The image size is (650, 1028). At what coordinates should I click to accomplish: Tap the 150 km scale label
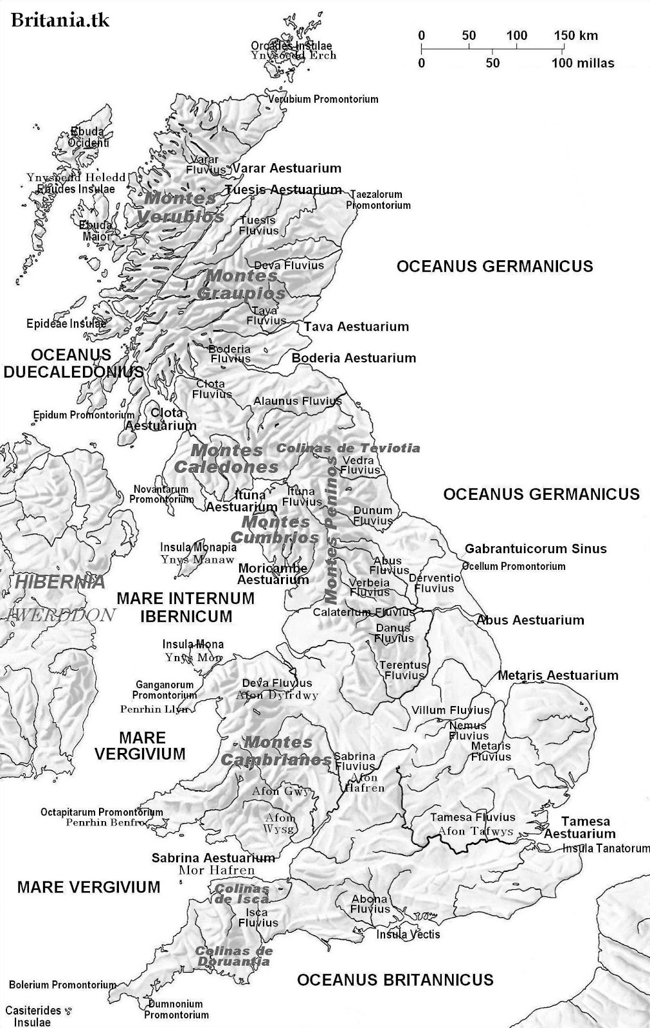[575, 35]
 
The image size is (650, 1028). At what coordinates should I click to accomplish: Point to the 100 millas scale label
[582, 63]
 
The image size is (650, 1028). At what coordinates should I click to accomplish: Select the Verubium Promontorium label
[323, 100]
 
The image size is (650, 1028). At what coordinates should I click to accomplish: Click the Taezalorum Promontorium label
[378, 200]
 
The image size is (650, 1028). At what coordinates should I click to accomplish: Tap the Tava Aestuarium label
[356, 326]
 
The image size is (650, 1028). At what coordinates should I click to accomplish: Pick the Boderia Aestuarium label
[354, 358]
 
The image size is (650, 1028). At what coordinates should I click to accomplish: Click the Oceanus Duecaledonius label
[72, 363]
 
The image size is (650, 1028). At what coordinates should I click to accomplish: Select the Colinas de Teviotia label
[348, 448]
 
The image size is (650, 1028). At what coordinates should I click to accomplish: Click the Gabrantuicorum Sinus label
[536, 549]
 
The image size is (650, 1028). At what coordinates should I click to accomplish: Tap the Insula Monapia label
[198, 547]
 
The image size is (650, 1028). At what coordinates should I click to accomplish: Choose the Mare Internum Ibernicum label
[186, 607]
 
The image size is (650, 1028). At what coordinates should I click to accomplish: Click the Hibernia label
[60, 582]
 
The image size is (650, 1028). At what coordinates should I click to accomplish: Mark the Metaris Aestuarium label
[557, 675]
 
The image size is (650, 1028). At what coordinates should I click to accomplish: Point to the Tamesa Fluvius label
[473, 817]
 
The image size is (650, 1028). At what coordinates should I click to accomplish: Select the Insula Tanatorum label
[606, 848]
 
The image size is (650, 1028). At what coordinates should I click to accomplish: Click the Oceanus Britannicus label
[395, 980]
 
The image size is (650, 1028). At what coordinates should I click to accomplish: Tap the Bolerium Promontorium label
[62, 985]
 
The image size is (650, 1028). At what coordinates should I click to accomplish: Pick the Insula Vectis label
[408, 934]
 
